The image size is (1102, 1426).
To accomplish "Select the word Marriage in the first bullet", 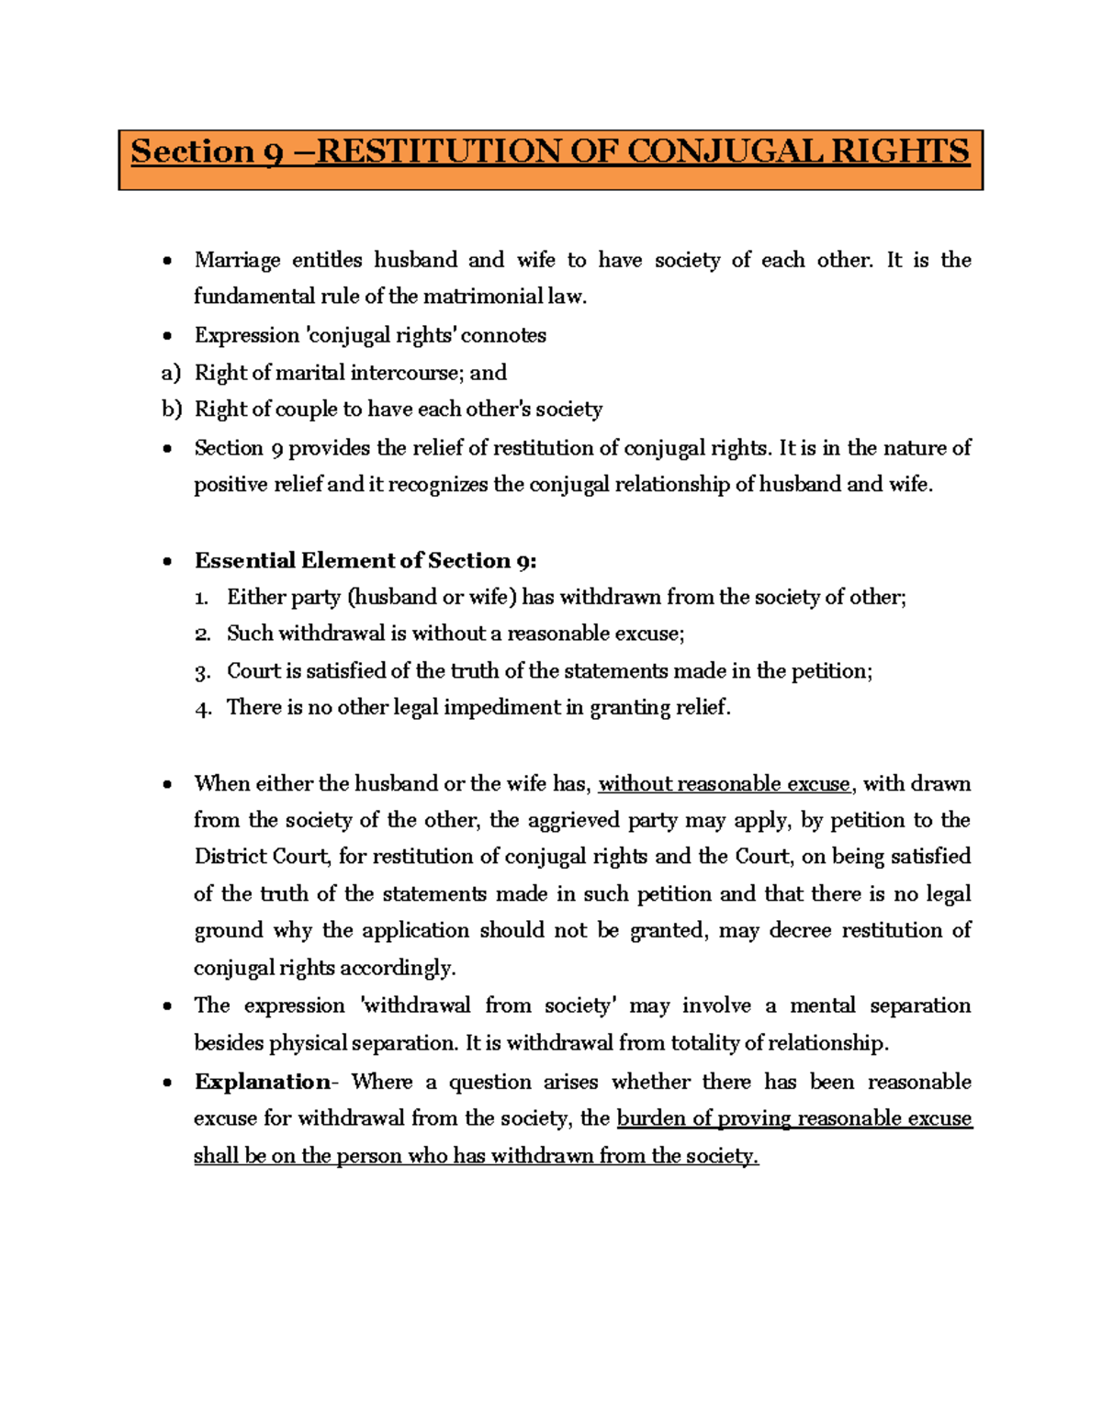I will click(237, 261).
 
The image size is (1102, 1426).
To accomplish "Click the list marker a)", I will click(171, 373).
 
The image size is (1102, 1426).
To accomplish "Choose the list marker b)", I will click(172, 410).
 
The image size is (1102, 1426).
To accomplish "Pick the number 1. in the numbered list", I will click(202, 598).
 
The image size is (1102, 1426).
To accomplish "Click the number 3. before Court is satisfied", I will click(202, 672).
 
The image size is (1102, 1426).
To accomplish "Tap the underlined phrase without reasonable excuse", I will click(724, 784).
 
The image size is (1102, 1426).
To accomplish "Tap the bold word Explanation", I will click(262, 1082).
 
